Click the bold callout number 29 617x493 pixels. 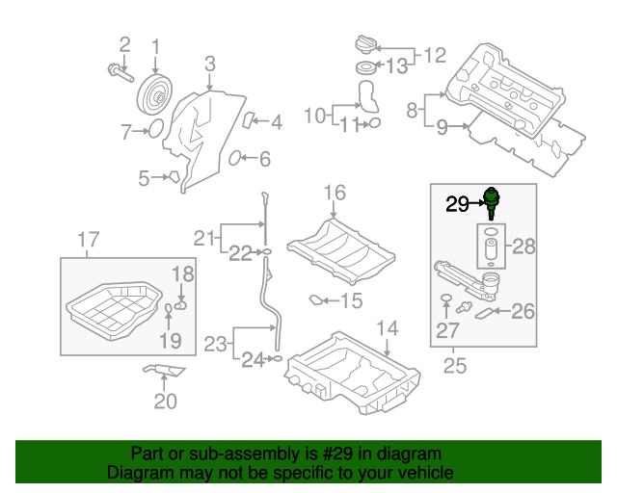click(456, 203)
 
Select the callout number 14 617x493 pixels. click(387, 329)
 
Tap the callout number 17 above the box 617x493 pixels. click(88, 240)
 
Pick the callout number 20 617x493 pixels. click(166, 400)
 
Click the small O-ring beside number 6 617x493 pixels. click(235, 158)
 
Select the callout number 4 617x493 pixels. click(276, 122)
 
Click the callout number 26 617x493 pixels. click(523, 311)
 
